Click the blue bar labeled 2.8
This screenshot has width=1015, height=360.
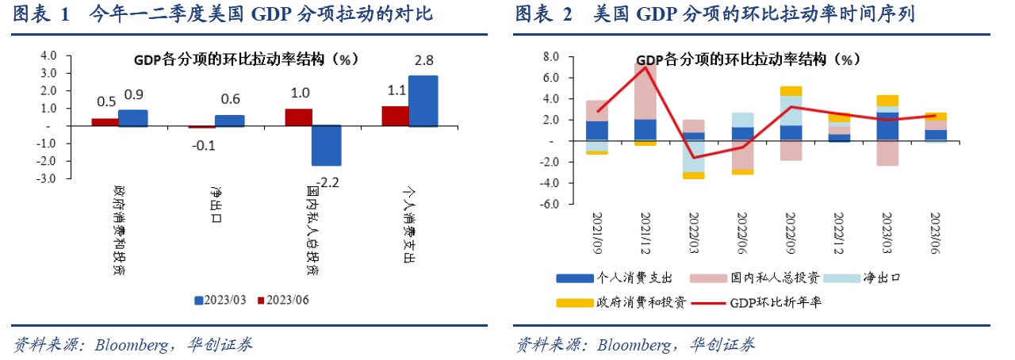(x=423, y=101)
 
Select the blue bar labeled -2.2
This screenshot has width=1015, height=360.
(x=326, y=145)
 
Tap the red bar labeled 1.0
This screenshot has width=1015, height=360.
(x=299, y=117)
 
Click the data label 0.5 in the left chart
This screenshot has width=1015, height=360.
(x=106, y=101)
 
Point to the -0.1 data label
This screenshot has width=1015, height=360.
(x=203, y=144)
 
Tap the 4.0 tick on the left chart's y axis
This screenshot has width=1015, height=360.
(x=48, y=56)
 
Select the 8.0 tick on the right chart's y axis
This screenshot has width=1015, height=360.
(x=550, y=57)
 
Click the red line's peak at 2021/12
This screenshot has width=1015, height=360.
(x=645, y=67)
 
